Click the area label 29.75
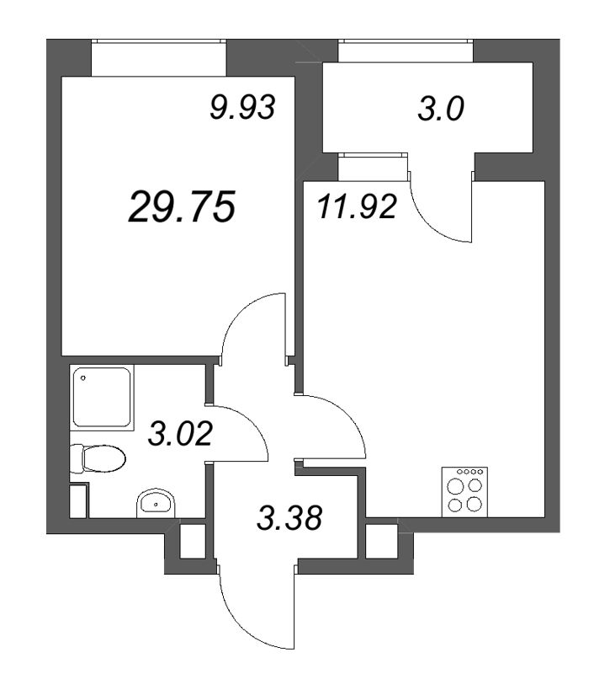point(180,206)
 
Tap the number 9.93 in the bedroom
point(242,108)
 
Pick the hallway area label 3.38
point(289,517)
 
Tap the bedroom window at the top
point(159,56)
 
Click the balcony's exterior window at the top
point(405,51)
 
